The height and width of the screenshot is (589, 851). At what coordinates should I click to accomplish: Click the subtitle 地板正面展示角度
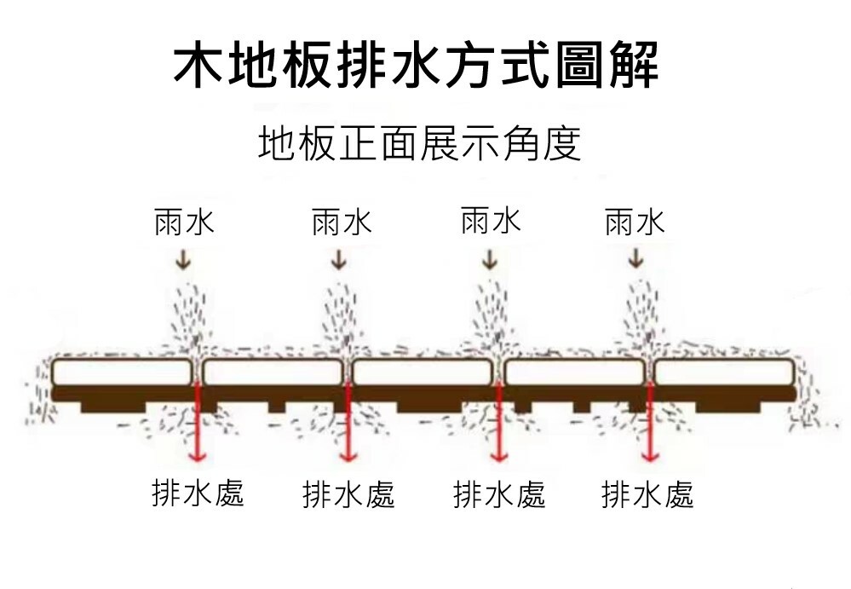(x=420, y=143)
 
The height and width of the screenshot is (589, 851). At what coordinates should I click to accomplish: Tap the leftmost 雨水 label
(x=184, y=222)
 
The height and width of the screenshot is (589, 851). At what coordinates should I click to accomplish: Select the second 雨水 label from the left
(x=342, y=222)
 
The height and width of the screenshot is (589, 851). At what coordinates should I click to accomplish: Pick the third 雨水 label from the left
(x=491, y=221)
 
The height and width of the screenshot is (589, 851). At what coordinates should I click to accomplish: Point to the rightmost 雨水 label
(x=635, y=222)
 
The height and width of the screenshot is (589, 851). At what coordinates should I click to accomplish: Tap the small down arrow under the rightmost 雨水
(x=635, y=258)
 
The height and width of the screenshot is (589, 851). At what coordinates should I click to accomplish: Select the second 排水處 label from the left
(x=348, y=494)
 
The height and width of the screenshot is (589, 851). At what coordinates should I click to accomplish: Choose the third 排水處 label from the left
(x=499, y=494)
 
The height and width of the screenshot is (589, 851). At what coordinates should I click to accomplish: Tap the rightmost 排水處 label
(x=647, y=494)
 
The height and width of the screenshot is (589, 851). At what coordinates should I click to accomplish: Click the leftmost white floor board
(x=121, y=372)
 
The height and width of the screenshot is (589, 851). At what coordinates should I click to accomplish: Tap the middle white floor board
(x=423, y=372)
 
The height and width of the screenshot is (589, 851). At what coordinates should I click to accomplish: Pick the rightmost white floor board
(x=724, y=372)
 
